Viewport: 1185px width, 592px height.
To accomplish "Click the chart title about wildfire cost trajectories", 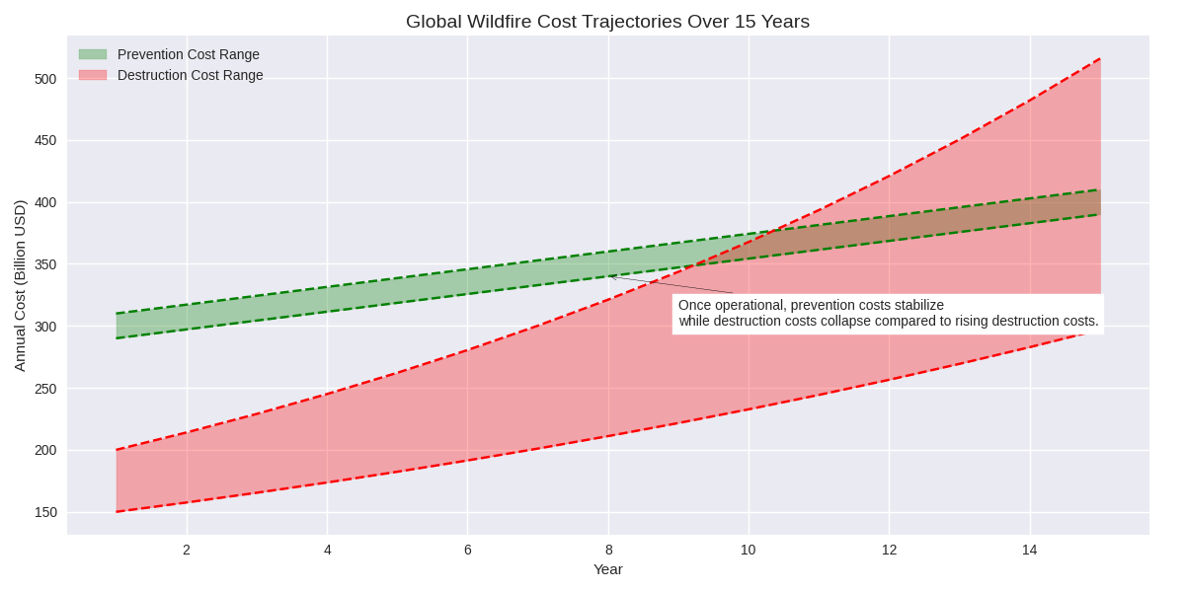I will [607, 22].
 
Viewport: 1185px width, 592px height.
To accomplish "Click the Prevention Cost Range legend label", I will [188, 54].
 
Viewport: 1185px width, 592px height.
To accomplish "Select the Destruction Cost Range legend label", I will [190, 75].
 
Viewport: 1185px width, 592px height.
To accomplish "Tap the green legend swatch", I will [93, 54].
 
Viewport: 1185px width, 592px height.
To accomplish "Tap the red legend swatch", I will [93, 75].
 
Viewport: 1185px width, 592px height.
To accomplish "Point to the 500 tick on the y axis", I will [45, 79].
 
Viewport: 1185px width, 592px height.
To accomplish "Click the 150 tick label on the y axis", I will [45, 512].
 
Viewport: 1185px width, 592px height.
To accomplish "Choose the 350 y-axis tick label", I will [45, 264].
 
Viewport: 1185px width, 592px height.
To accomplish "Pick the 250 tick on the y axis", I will [45, 389].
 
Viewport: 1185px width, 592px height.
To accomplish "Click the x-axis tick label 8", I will [608, 550].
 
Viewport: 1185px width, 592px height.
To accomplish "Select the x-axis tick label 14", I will [1030, 550].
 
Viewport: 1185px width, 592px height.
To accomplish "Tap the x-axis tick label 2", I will [187, 550].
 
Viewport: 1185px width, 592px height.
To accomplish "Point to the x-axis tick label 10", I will [749, 550].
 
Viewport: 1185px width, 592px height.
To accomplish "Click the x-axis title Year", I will [607, 569].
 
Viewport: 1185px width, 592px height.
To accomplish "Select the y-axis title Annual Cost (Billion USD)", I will [20, 285].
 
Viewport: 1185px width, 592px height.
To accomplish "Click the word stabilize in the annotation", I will [914, 305].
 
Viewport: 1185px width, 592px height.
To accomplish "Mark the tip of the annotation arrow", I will [610, 277].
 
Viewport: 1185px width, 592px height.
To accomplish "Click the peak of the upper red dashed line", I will [1100, 59].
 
